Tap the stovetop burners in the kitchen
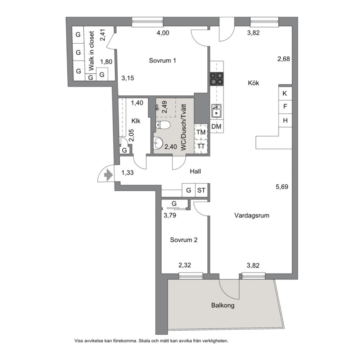point(217,79)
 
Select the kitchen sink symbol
point(216,111)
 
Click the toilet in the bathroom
point(163,125)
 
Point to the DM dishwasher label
point(216,126)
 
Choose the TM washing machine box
point(201,132)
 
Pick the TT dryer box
point(201,147)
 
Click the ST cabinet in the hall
point(201,190)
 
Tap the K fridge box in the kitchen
point(285,93)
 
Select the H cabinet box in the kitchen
point(285,120)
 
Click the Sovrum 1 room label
point(163,60)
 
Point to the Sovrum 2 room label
point(183,240)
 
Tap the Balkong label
point(223,305)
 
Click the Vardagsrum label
point(252,216)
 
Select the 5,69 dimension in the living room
point(282,187)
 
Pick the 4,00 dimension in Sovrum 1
point(163,33)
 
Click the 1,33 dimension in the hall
point(127,173)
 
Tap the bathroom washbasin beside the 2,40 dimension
point(158,143)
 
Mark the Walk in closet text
point(91,51)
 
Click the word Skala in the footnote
point(143,341)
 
